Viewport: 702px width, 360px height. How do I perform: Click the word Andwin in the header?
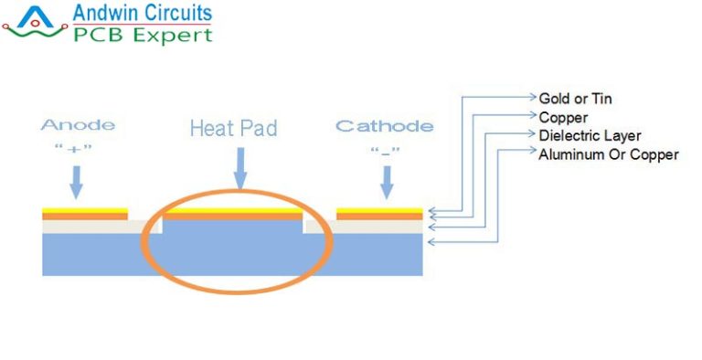[104, 14]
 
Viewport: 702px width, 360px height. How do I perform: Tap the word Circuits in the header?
[178, 14]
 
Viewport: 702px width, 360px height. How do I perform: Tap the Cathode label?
[384, 125]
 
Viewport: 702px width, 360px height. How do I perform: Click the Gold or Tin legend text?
[576, 97]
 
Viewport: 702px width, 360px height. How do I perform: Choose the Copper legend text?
[563, 117]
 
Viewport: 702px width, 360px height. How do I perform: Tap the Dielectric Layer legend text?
[590, 135]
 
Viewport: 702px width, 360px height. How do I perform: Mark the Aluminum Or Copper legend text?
[609, 154]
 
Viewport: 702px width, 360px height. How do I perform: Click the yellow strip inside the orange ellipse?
[232, 211]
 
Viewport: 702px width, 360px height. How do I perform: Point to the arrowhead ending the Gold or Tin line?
[533, 96]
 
